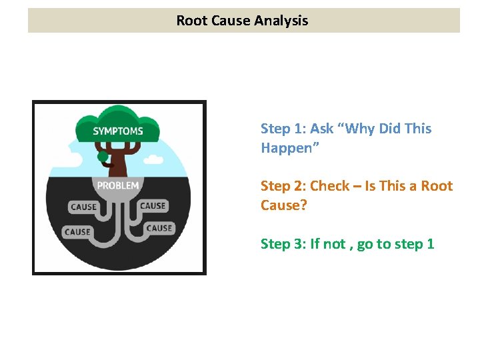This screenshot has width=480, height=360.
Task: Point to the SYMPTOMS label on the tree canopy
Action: (x=118, y=131)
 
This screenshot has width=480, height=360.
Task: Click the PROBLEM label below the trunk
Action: (x=118, y=185)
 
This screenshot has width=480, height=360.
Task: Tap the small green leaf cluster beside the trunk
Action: (x=103, y=157)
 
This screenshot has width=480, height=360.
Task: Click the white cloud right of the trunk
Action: (x=154, y=159)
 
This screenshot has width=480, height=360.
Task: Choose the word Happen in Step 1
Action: (x=287, y=148)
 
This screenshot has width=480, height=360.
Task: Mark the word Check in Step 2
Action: (x=330, y=186)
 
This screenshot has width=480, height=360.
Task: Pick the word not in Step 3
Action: (x=336, y=244)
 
